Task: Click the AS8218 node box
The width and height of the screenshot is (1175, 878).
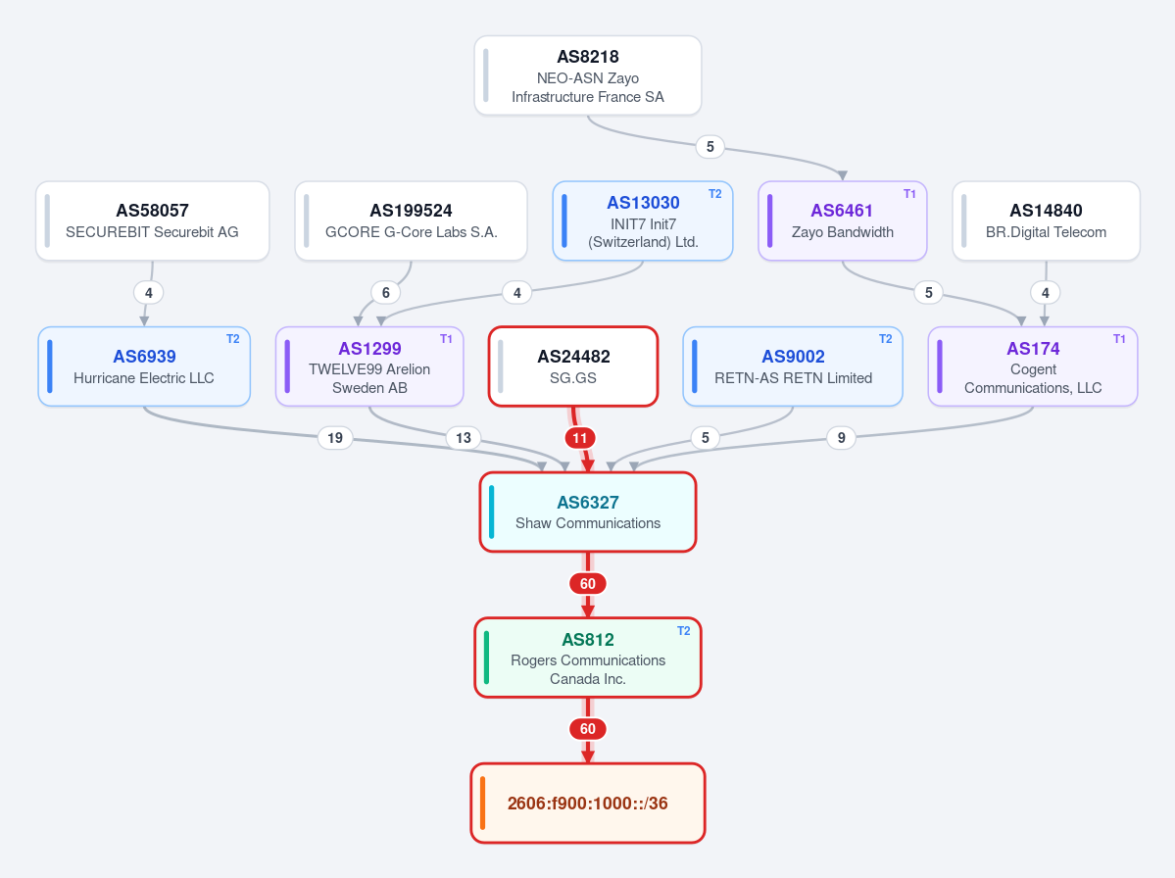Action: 588,75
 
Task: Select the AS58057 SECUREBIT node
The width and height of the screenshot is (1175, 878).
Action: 152,221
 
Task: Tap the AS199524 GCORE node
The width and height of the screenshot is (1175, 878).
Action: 411,221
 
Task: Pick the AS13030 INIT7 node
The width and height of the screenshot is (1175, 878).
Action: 642,221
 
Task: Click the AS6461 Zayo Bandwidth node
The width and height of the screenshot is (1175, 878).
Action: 842,221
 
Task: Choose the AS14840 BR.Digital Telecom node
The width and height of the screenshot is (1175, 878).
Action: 1046,221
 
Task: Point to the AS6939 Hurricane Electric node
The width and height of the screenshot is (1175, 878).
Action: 144,366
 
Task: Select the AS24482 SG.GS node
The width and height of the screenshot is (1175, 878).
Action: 573,366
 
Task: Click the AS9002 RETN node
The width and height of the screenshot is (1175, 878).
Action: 793,366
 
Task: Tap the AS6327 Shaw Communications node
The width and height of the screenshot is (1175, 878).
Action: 588,512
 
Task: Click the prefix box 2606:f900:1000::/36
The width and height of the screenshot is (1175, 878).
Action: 588,804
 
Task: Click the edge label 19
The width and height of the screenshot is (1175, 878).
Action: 335,437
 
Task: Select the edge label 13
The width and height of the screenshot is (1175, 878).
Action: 464,437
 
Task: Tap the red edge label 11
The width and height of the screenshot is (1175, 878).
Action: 580,438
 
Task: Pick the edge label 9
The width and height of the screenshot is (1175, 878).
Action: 842,437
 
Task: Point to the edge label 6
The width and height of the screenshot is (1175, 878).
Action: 386,292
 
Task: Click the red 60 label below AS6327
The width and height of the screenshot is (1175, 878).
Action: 588,584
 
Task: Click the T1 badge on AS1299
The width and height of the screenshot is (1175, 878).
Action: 446,339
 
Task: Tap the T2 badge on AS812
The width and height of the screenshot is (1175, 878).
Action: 683,631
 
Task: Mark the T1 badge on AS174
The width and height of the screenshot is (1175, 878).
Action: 1119,339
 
